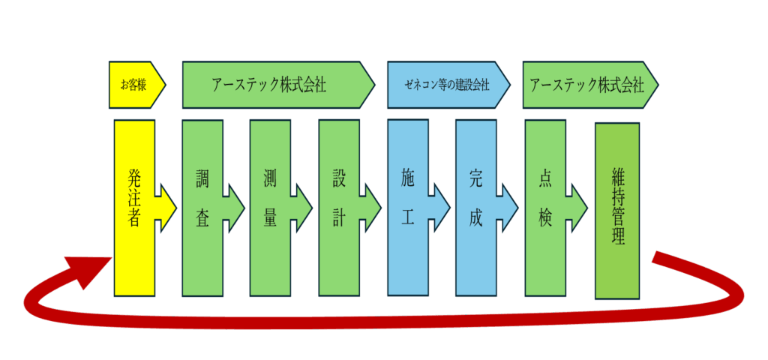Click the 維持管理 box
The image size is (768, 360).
(617, 210)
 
